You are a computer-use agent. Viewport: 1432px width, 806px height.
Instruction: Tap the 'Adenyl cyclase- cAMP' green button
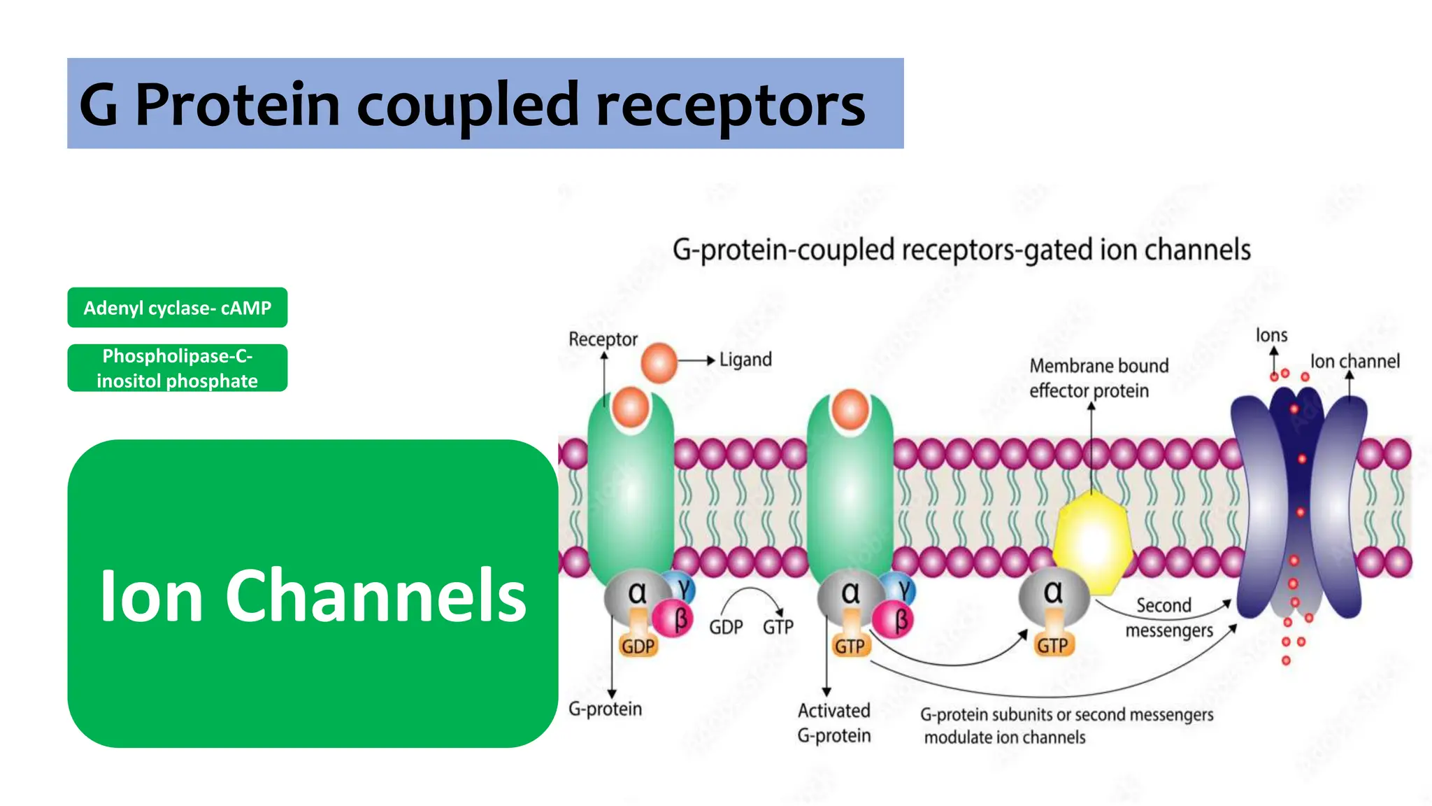coord(177,308)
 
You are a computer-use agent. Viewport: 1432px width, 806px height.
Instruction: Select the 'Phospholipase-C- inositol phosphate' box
coord(177,368)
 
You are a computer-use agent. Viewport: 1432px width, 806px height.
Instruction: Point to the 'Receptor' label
coord(603,339)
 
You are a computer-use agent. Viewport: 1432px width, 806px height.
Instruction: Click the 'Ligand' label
coord(745,360)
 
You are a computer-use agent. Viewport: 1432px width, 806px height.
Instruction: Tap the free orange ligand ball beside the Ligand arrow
coord(659,362)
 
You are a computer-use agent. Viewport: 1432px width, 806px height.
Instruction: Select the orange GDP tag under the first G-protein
coord(638,646)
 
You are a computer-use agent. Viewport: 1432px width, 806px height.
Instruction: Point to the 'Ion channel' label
coord(1354,362)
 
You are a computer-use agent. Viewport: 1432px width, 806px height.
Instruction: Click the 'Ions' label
coord(1271,336)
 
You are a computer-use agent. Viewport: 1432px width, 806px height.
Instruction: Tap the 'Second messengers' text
coord(1166,618)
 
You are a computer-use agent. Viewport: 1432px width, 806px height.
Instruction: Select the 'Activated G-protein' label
coord(834,723)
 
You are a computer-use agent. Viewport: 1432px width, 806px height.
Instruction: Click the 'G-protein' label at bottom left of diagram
coord(605,709)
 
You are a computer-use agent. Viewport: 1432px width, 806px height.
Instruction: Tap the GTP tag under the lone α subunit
coord(1052,644)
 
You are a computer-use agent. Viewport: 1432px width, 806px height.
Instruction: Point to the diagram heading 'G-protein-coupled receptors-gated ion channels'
coord(961,250)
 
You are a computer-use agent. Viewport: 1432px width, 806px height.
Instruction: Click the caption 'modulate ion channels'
coord(1005,737)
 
